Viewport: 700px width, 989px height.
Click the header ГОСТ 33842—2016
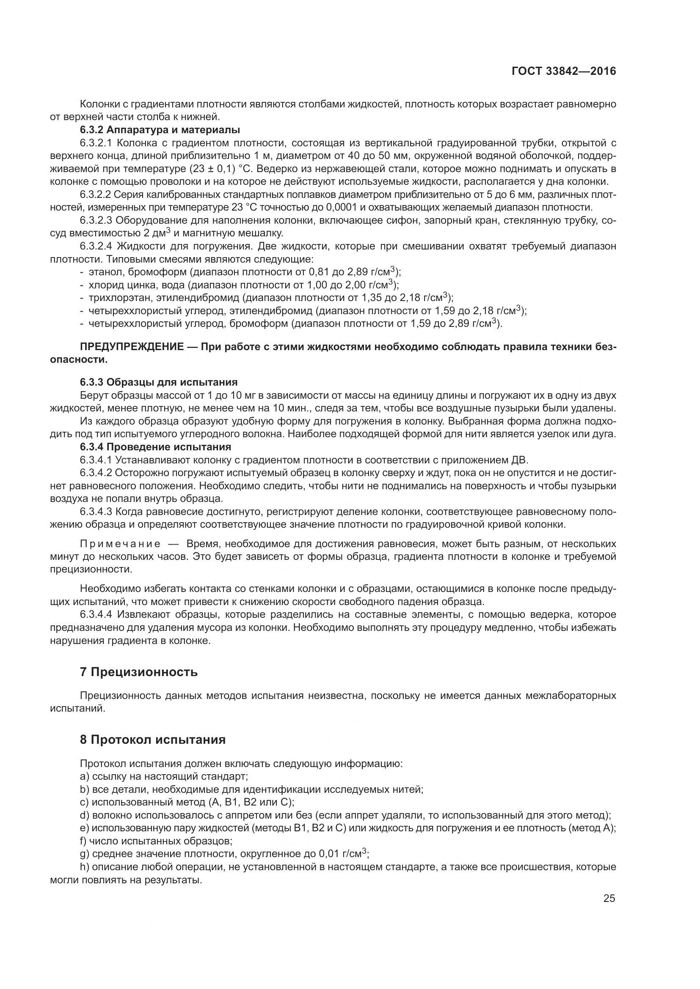[564, 71]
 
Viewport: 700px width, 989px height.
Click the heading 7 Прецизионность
[139, 672]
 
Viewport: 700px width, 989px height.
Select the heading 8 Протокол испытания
[153, 740]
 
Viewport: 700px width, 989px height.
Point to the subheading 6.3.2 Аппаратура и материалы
[160, 130]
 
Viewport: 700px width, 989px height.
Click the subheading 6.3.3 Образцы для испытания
[159, 382]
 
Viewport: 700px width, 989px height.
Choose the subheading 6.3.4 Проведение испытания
[156, 447]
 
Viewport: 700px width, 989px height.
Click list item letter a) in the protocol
[84, 777]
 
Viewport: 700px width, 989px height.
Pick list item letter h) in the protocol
[84, 867]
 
